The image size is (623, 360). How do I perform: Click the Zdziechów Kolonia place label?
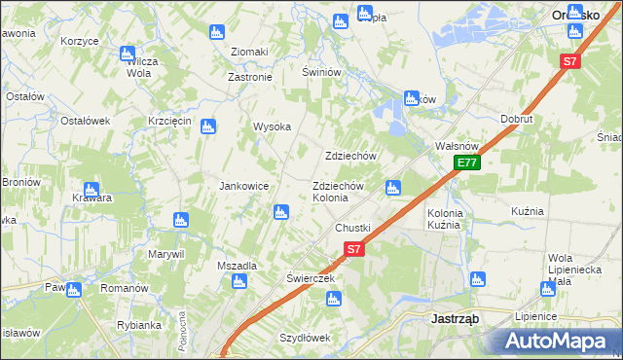[x=337, y=192]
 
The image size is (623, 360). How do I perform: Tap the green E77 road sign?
[x=467, y=163]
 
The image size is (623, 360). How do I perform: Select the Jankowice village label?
[x=243, y=186]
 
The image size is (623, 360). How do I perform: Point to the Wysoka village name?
[x=273, y=126]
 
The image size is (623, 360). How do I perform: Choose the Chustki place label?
[x=353, y=228]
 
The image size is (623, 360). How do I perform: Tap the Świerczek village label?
[x=311, y=277]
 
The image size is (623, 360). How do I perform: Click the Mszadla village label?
[x=238, y=266]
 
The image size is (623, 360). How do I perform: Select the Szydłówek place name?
[x=306, y=338]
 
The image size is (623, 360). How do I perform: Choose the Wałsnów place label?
[x=453, y=146]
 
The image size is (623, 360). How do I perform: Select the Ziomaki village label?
[x=248, y=52]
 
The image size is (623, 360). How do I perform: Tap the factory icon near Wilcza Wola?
[x=127, y=54]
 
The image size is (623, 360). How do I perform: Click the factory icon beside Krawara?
[x=91, y=190]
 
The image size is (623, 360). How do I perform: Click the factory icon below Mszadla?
[x=239, y=282]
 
